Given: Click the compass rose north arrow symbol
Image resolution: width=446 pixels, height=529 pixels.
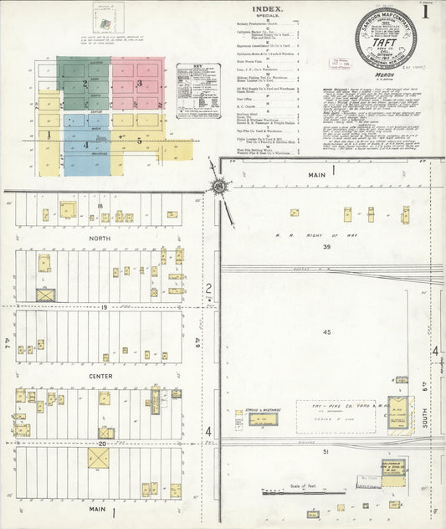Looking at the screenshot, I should coord(218,186).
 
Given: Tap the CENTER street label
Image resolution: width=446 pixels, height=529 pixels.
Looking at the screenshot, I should coord(101,376).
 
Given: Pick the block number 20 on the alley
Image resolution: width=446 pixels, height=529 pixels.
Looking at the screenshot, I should coord(102,444).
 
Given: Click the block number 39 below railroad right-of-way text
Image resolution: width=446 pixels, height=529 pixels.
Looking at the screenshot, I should coord(328,247).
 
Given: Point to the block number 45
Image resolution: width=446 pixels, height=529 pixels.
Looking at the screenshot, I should coord(327,332).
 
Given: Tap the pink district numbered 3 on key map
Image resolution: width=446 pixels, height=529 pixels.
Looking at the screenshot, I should coord(138,84).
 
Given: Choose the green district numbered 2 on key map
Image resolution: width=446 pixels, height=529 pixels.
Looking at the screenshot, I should coord(85,84).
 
